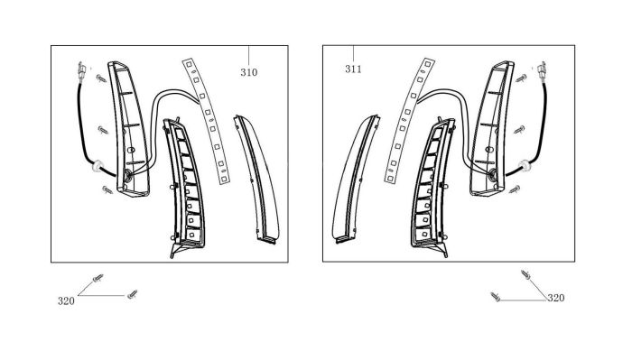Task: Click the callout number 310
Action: (248, 72)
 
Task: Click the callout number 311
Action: (353, 69)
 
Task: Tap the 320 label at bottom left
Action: (66, 301)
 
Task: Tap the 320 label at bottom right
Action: (556, 298)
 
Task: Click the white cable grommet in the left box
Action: (98, 166)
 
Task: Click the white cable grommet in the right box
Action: (525, 165)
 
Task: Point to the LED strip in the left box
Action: (207, 121)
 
